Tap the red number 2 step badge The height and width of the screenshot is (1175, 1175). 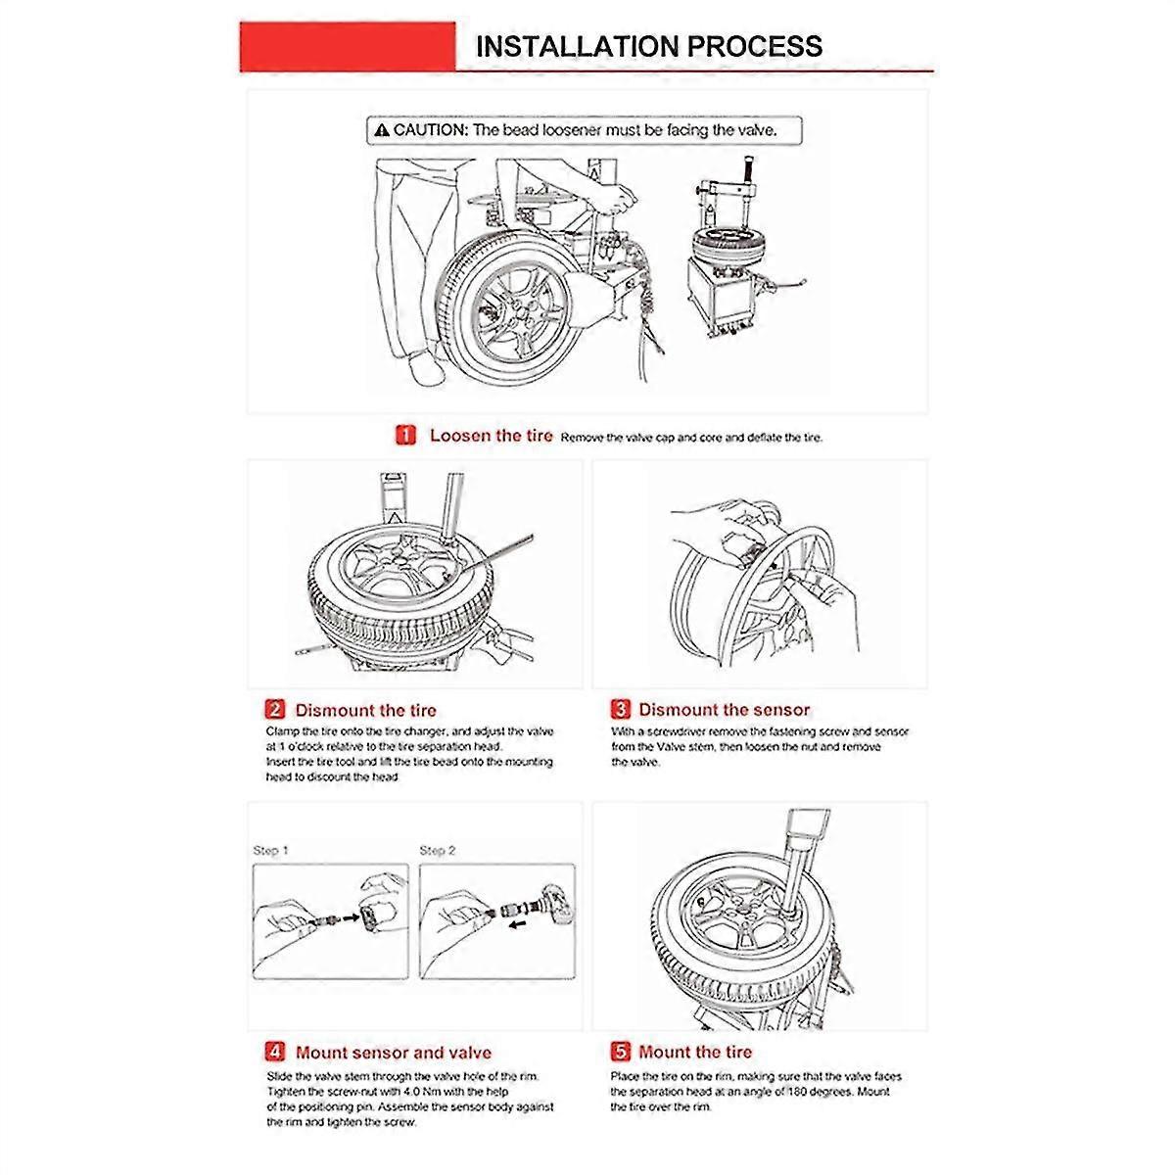click(x=275, y=710)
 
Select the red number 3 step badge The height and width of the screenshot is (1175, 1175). click(x=621, y=710)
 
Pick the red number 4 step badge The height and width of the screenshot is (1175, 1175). click(x=275, y=1053)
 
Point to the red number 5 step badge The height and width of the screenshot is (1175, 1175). click(x=621, y=1053)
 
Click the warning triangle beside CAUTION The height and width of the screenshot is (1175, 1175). click(x=382, y=130)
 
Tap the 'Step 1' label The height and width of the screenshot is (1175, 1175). click(x=271, y=850)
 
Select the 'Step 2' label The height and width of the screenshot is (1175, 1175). click(x=438, y=850)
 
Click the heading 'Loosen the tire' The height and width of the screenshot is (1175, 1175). click(x=491, y=436)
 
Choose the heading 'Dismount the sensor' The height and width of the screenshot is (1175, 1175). click(x=725, y=710)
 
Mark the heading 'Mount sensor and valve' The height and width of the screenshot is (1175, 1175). click(x=394, y=1053)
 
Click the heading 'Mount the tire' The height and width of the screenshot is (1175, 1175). click(x=695, y=1053)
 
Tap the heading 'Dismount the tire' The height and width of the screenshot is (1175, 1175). click(x=366, y=710)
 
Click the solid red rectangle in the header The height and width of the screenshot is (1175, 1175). click(x=348, y=47)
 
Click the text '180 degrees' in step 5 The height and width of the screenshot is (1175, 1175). click(x=789, y=1092)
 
